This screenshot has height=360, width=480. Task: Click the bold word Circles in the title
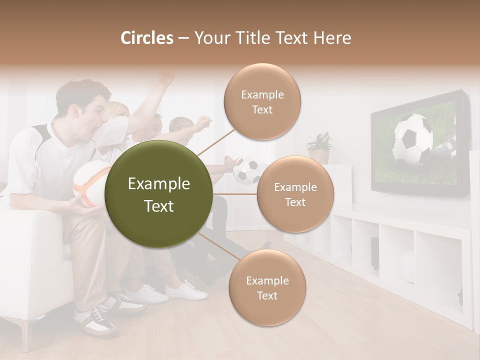point(147,38)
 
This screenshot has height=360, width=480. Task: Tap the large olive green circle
point(159,194)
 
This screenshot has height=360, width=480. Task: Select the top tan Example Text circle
point(262,102)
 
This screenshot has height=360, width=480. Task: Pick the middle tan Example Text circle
point(295,194)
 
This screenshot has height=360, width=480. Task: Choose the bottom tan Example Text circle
point(267,287)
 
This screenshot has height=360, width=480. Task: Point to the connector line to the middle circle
point(235,194)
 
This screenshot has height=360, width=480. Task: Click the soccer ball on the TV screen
point(412,139)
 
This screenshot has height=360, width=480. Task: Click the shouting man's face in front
point(95,117)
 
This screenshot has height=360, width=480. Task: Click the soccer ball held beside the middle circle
point(247,171)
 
